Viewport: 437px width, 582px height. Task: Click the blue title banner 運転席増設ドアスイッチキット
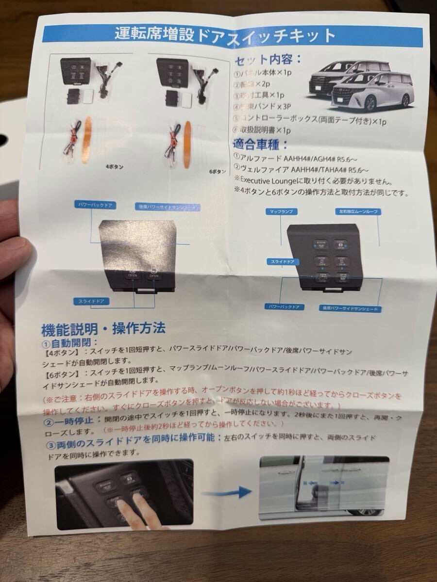click(224, 35)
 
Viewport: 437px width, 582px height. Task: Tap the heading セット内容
click(268, 60)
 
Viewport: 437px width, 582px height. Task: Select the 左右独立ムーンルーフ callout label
click(357, 212)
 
